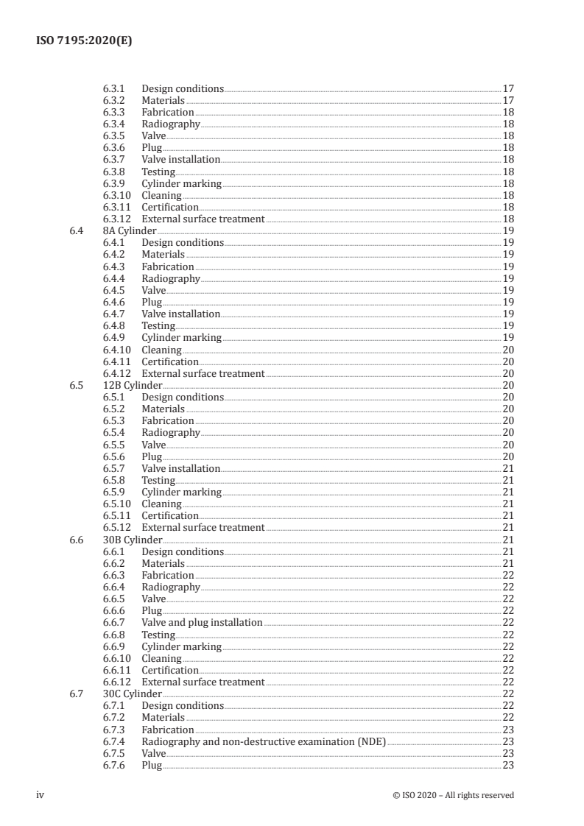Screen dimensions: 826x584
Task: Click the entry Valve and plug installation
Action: pos(202,623)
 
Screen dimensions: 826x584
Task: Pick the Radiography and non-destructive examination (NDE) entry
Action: pos(263,741)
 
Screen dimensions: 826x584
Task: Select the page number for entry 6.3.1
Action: pos(507,88)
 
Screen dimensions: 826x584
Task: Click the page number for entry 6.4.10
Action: pos(507,350)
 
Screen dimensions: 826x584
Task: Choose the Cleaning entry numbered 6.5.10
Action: pos(161,504)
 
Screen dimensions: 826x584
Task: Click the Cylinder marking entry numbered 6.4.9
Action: pos(181,338)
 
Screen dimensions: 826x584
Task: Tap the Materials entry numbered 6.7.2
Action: pos(163,718)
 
